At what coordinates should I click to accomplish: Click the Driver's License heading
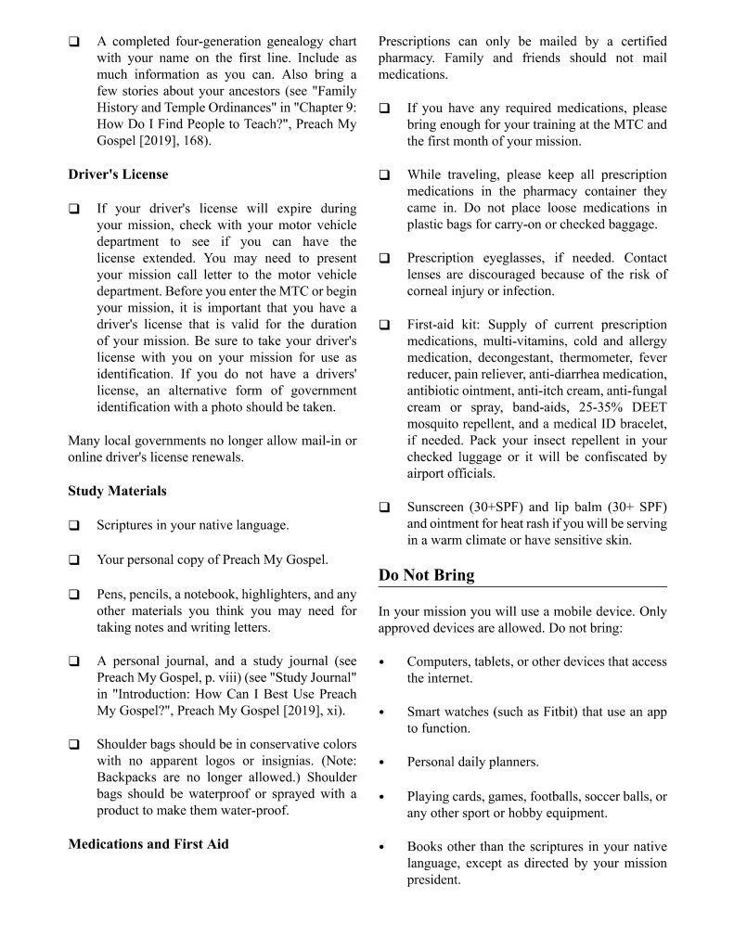click(118, 174)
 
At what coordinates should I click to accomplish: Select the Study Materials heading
click(117, 491)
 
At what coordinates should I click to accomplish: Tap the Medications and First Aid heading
click(148, 844)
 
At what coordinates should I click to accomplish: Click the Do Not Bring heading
click(426, 575)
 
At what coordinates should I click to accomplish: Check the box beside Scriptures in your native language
click(73, 526)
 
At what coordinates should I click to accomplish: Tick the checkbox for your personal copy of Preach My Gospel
click(73, 560)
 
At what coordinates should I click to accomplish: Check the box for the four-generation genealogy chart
click(73, 43)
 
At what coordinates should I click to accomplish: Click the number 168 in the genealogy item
click(196, 141)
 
